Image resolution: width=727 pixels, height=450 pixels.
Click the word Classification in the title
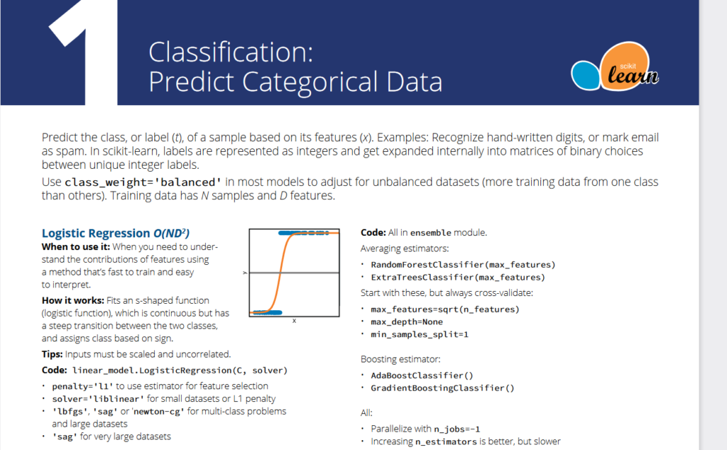226,52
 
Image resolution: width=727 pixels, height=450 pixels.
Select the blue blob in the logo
586,75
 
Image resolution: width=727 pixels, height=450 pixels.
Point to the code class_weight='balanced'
143,182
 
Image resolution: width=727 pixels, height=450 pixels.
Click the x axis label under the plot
294,321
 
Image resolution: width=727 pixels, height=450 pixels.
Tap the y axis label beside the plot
245,273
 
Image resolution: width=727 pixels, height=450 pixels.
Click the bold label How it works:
73,301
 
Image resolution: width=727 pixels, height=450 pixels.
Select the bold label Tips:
52,354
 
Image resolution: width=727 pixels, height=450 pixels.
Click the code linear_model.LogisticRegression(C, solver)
180,371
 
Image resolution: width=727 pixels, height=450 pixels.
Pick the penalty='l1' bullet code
82,387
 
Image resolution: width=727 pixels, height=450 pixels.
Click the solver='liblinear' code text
98,399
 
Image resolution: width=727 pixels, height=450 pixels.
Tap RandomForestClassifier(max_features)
463,265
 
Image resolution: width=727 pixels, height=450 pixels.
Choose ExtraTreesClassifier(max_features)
458,277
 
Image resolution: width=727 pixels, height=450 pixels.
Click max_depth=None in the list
407,322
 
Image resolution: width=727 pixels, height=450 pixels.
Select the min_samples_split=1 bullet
420,334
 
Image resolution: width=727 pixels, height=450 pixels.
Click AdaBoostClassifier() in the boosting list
422,375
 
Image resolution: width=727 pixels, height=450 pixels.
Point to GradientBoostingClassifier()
442,388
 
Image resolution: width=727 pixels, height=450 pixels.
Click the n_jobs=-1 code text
457,429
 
